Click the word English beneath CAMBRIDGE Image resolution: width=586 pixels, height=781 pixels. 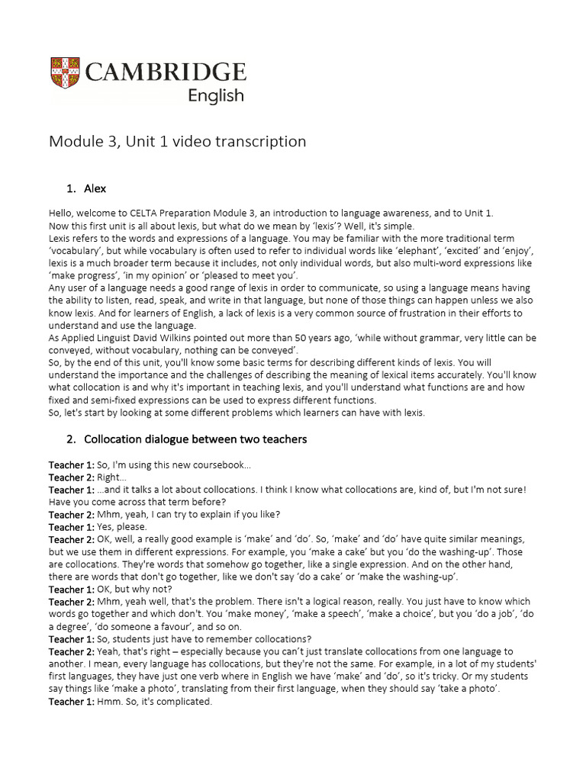tap(216, 96)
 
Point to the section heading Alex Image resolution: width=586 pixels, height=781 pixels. tap(95, 188)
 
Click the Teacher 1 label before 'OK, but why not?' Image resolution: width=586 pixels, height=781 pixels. tap(71, 590)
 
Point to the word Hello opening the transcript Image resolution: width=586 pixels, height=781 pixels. tap(63, 214)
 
